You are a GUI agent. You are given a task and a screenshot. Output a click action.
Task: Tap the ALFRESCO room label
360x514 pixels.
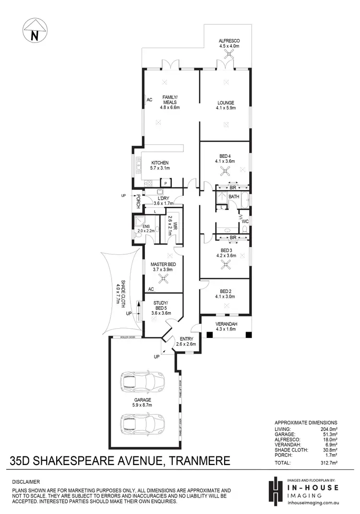pyautogui.click(x=229, y=41)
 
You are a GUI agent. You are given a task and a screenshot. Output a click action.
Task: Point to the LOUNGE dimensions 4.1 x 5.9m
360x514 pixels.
pyautogui.click(x=225, y=108)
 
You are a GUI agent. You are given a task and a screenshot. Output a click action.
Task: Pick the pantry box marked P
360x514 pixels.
pyautogui.click(x=165, y=183)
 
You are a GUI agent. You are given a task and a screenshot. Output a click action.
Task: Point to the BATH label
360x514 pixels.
pyautogui.click(x=234, y=197)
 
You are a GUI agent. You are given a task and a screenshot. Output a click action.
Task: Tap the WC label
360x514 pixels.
pyautogui.click(x=245, y=221)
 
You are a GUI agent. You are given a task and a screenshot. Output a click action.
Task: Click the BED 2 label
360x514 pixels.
pyautogui.click(x=225, y=291)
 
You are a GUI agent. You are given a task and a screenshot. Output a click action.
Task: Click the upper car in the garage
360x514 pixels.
pyautogui.click(x=144, y=383)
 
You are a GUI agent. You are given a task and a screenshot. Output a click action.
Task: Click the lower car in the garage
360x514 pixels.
pyautogui.click(x=144, y=424)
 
